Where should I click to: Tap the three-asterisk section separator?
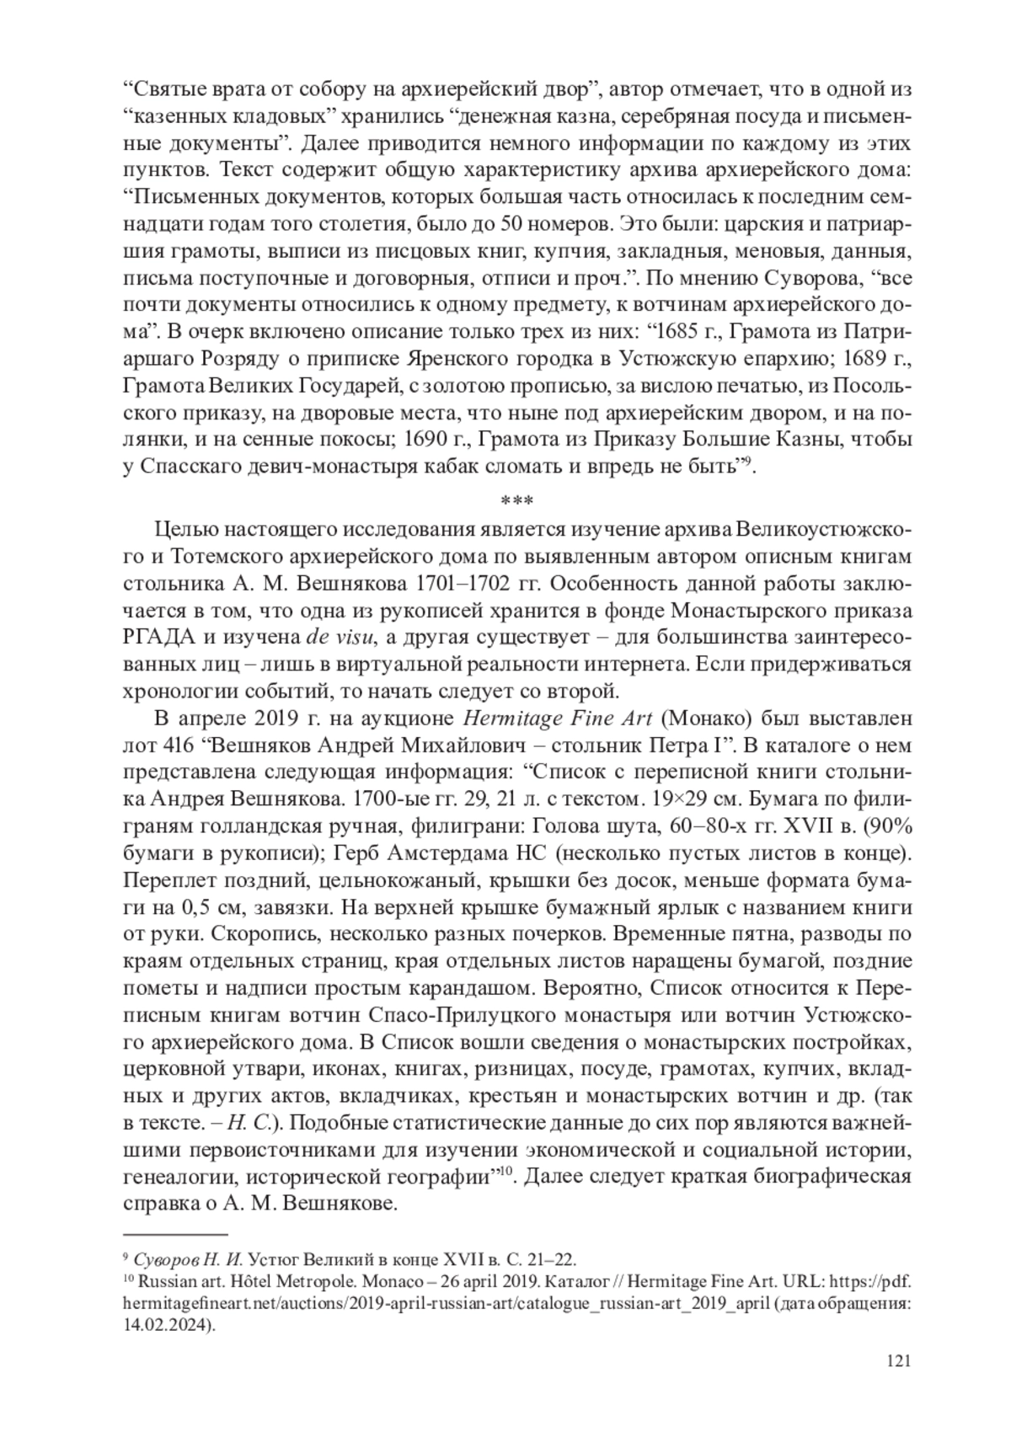click(516, 501)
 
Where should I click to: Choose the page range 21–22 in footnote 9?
click(553, 1260)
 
